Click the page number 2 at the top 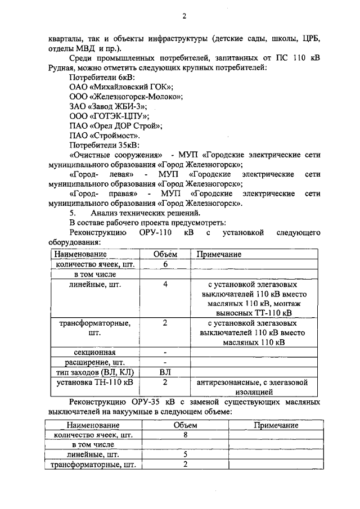pyautogui.click(x=184, y=16)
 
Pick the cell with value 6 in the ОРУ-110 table pyautogui.click(x=165, y=264)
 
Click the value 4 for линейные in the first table pyautogui.click(x=165, y=285)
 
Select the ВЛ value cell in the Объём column pyautogui.click(x=165, y=372)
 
